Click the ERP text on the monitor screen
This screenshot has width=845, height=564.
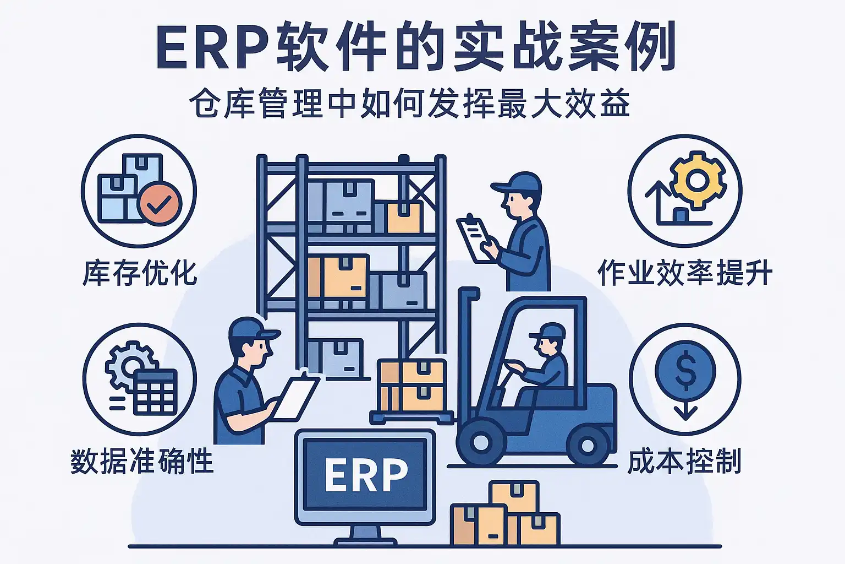(366, 475)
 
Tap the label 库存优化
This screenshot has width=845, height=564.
(140, 273)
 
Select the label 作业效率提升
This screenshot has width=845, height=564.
(685, 273)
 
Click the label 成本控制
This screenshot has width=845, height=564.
(685, 462)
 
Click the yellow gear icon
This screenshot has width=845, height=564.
(697, 180)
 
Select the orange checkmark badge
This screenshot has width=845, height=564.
(160, 203)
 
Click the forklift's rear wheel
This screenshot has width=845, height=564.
(588, 445)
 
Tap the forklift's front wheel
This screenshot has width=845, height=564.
(480, 442)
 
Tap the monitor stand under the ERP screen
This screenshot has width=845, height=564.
(365, 534)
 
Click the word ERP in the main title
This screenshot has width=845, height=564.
(212, 48)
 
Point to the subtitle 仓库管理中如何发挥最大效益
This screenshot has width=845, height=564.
(409, 104)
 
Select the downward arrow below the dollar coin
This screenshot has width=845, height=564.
(685, 410)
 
